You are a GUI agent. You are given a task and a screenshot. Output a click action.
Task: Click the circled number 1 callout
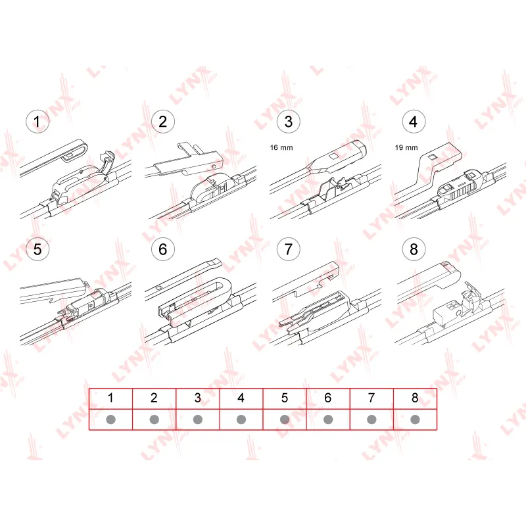(x=37, y=122)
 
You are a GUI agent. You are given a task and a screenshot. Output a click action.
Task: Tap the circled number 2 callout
(x=162, y=122)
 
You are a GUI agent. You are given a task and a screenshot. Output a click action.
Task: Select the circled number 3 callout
(x=288, y=122)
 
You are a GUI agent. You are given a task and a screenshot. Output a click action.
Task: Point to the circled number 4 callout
(x=414, y=122)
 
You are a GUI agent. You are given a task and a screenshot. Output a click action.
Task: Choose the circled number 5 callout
(x=37, y=249)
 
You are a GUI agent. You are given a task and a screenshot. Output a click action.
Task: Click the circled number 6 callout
(x=162, y=249)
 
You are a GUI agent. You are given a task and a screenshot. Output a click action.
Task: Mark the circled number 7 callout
(x=288, y=249)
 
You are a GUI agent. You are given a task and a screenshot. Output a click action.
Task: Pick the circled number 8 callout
(x=414, y=249)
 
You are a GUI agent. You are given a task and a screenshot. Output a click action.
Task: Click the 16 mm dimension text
(x=281, y=147)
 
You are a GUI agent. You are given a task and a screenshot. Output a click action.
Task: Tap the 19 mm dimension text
(x=406, y=147)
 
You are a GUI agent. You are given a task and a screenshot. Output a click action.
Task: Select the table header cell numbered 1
(x=110, y=398)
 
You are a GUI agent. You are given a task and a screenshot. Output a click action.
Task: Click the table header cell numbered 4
(x=241, y=398)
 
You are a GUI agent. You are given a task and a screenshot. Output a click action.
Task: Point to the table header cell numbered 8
(x=415, y=398)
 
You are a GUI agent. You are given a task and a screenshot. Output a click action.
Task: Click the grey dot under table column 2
(x=155, y=419)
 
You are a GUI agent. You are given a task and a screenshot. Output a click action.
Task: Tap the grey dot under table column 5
(x=285, y=419)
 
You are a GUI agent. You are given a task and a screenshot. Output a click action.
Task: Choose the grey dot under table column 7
(x=371, y=419)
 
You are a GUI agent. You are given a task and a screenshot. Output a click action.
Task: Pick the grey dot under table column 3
(x=198, y=419)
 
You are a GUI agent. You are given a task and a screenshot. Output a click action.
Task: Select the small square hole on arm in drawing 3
(x=334, y=156)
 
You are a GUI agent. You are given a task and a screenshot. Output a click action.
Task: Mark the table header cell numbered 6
(x=328, y=398)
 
